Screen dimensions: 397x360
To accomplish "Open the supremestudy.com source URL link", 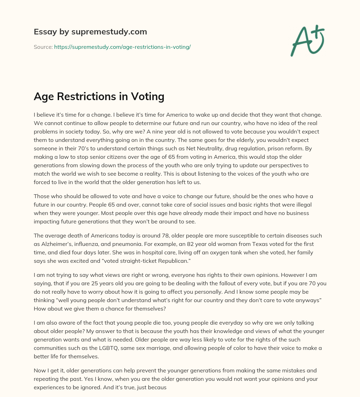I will point(122,47).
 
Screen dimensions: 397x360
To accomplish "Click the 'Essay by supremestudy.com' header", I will point(90,32).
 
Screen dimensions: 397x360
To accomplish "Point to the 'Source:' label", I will point(43,47).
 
